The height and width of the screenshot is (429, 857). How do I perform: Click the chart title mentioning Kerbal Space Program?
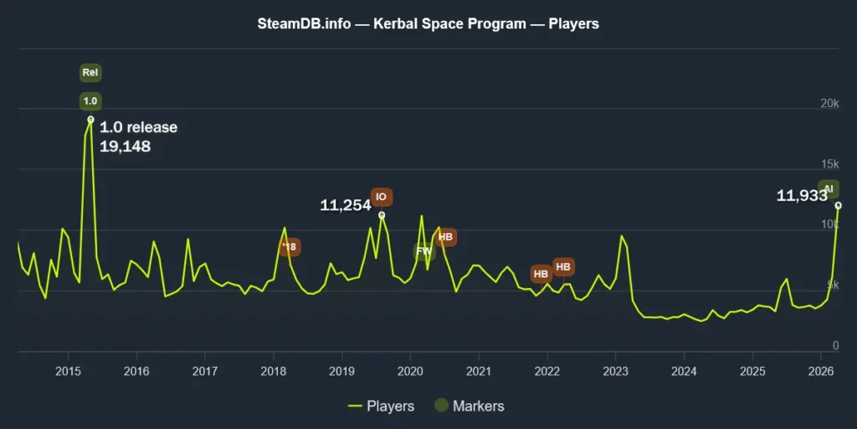click(x=428, y=23)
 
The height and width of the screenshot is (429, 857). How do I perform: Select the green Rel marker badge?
click(x=90, y=73)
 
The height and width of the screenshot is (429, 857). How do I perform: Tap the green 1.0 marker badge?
click(x=90, y=101)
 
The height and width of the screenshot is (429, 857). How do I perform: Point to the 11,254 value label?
click(x=346, y=205)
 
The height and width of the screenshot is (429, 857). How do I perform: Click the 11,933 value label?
click(x=802, y=196)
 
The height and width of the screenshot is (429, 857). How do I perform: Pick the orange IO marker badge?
click(x=382, y=198)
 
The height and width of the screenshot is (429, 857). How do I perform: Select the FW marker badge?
click(x=424, y=251)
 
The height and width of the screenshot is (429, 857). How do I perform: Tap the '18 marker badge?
click(x=290, y=247)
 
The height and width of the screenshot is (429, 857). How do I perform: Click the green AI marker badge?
click(x=829, y=189)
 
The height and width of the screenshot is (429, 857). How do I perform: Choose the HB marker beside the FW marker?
click(x=446, y=238)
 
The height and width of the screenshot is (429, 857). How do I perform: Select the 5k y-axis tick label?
click(x=832, y=286)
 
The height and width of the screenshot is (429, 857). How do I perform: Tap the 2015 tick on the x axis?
click(x=67, y=370)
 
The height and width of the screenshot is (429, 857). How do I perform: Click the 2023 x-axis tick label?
click(x=615, y=370)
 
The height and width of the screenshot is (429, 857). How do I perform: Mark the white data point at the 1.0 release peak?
click(x=90, y=119)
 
